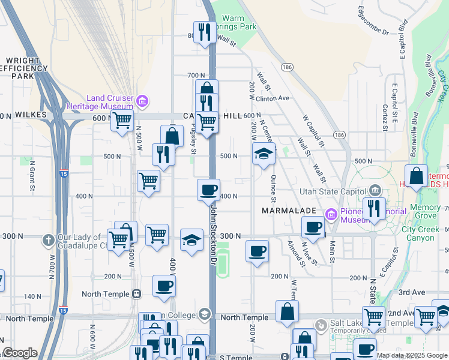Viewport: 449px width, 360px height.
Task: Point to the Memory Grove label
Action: point(425,211)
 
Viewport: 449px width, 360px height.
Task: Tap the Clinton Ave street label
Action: point(273,98)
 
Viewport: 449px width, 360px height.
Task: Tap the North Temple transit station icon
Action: point(137,294)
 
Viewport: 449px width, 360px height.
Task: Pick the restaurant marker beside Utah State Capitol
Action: point(374,209)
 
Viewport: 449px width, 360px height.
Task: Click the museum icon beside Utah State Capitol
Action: point(375,191)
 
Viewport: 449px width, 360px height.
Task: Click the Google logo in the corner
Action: point(20,353)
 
